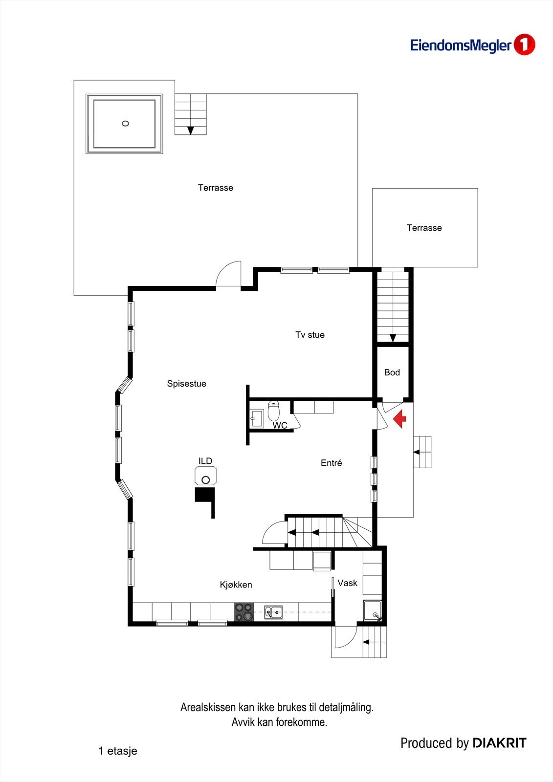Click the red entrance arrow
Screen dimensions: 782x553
tap(400, 419)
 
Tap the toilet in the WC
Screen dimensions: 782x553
tap(273, 411)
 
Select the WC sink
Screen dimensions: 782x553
tap(256, 418)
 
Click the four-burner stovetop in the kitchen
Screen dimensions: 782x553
tap(244, 612)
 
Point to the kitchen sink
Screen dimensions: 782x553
tap(273, 611)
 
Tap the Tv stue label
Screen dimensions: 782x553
tap(310, 335)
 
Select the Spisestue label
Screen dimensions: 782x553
tap(186, 384)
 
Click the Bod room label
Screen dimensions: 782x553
tap(392, 372)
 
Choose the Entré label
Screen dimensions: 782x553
tap(332, 463)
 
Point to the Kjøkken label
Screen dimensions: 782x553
tap(236, 585)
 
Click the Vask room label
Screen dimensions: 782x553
tap(347, 583)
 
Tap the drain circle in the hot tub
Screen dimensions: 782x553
tap(125, 124)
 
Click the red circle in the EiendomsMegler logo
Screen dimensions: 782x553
tap(524, 45)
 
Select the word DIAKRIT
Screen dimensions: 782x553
tap(499, 743)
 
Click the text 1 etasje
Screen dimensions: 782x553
tap(117, 751)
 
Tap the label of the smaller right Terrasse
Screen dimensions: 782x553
tap(424, 228)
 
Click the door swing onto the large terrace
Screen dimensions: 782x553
tap(228, 274)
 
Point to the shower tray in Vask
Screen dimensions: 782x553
tap(372, 610)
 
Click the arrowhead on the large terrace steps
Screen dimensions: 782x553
tap(190, 130)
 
